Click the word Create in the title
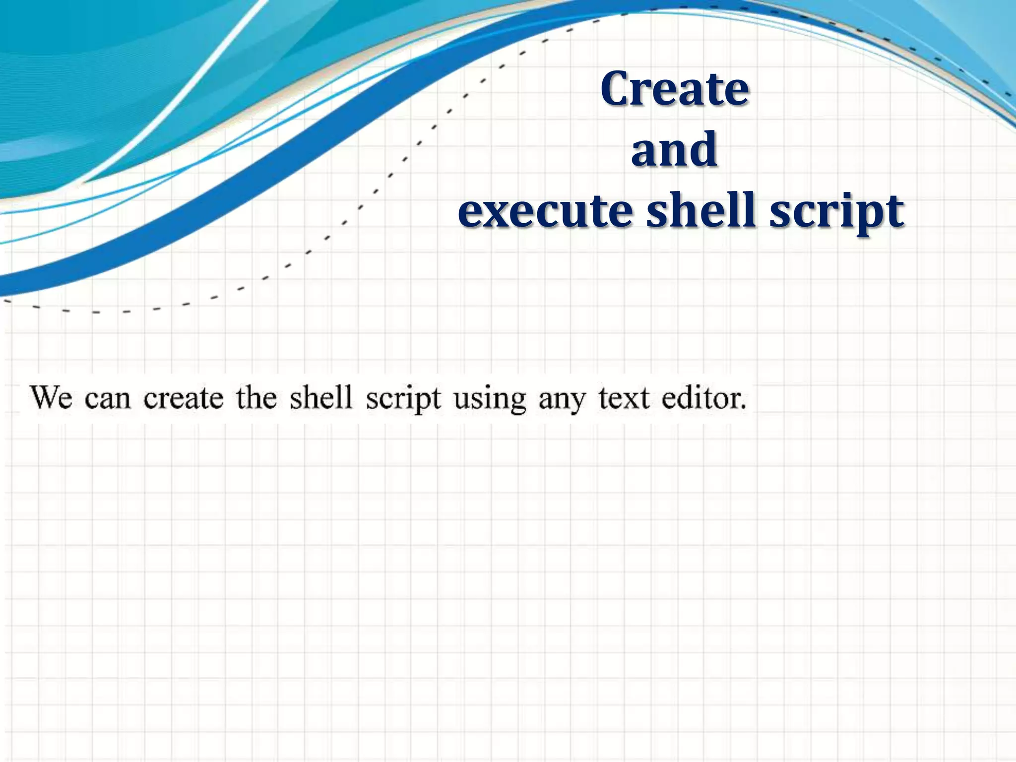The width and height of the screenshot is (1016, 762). pos(674,89)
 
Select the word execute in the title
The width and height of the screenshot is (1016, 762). pos(544,211)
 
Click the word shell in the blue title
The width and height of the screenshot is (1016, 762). pos(701,210)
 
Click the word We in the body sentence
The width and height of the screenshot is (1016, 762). pos(52,398)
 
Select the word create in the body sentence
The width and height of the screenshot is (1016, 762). pos(184,398)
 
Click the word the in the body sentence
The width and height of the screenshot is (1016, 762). pos(256,398)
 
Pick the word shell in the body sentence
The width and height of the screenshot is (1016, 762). pos(320,398)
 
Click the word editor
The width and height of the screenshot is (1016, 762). pos(701,398)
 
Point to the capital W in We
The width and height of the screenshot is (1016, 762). pos(44,398)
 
